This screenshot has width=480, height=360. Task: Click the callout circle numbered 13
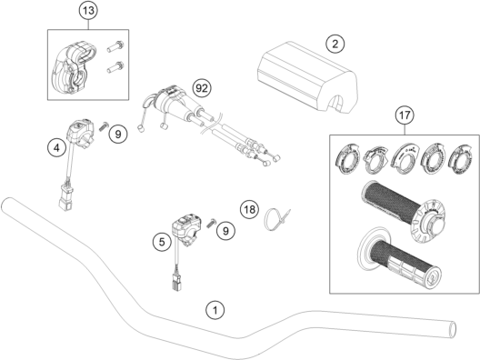point(88,11)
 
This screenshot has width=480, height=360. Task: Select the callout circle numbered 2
point(335,44)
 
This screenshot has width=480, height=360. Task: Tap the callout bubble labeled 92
point(202,88)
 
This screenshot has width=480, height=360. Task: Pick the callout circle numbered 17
point(405,115)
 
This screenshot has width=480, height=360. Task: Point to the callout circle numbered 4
point(56,148)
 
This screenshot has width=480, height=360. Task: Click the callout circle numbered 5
point(162,242)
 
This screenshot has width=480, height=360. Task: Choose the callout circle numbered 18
point(249,210)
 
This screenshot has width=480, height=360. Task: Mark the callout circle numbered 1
point(215,310)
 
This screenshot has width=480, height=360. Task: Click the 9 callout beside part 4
point(118,134)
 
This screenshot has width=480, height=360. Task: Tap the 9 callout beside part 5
point(225,231)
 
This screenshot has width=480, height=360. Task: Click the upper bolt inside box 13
point(115,46)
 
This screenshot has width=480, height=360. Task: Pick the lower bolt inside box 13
point(115,67)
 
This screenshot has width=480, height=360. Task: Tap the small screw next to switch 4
point(105,125)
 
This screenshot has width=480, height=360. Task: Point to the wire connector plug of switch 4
point(65,196)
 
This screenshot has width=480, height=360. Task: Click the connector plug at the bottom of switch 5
point(175,282)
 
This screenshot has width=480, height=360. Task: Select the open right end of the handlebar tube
point(453,330)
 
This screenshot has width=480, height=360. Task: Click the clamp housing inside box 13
point(74,68)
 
